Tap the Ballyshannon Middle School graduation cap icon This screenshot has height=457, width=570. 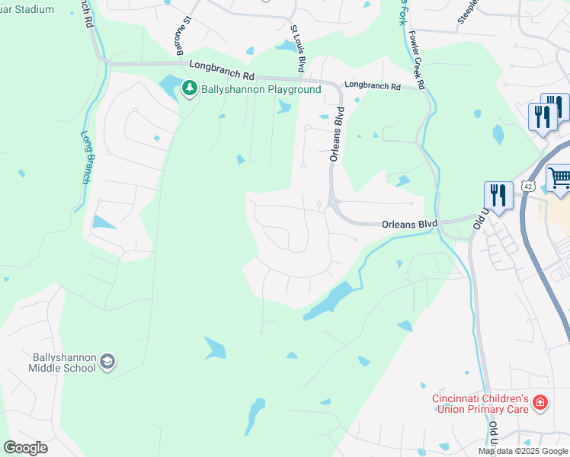(107, 361)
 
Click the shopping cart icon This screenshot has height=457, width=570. (559, 178)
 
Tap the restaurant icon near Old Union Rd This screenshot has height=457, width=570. (498, 195)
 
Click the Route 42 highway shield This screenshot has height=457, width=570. (528, 186)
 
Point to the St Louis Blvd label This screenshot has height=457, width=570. (299, 47)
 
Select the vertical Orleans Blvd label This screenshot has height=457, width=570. (336, 134)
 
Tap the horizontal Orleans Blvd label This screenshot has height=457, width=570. (409, 224)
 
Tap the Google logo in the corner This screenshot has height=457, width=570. (25, 448)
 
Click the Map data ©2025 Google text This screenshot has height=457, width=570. (523, 451)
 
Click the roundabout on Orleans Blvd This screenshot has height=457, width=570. (332, 203)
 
